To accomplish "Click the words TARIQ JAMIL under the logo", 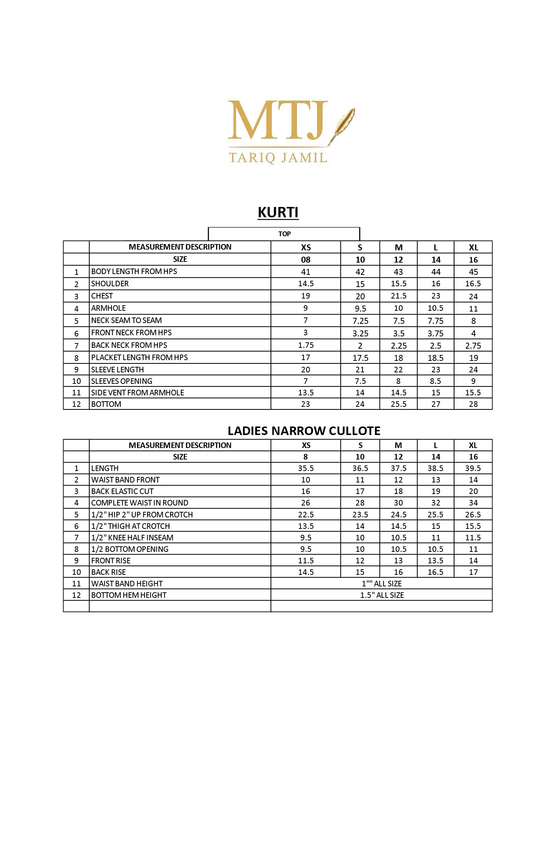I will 278,157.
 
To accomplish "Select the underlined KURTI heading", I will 278,213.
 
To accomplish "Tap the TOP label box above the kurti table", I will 284,234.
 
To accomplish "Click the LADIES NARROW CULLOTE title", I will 304,431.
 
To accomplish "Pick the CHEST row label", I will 102,296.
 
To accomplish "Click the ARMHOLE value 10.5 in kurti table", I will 436,308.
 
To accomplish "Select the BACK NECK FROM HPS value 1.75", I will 306,345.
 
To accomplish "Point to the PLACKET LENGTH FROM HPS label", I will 139,358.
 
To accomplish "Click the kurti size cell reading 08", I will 306,260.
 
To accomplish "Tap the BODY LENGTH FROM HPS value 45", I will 473,272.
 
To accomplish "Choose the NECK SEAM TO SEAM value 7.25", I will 360,321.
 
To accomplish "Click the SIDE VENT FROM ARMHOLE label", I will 138,393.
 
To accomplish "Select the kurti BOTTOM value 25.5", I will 398,404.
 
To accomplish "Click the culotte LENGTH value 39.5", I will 473,468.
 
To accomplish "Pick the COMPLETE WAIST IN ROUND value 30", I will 398,503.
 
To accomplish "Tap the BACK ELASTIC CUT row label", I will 122,491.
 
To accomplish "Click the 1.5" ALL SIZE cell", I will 382,595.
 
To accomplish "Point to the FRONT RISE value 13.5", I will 436,561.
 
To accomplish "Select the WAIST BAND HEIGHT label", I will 127,584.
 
